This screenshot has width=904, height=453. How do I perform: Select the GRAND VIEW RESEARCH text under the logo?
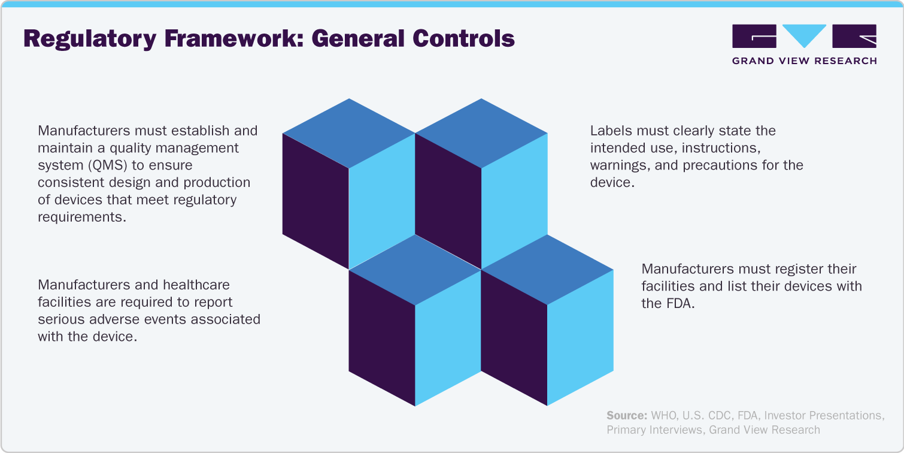tap(804, 61)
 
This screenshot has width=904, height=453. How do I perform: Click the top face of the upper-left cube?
tap(348, 133)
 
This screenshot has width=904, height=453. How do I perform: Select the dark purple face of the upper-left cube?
tap(316, 201)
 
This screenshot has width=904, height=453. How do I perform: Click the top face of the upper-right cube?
tap(481, 133)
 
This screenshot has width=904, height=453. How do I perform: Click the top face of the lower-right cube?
tap(547, 270)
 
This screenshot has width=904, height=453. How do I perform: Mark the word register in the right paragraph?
tap(772, 269)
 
